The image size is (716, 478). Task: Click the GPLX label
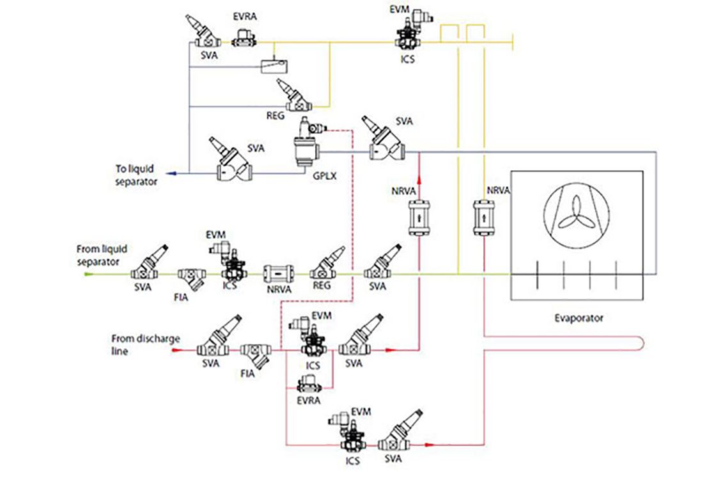(x=324, y=175)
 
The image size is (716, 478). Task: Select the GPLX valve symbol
(x=307, y=143)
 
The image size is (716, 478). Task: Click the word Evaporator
(x=579, y=318)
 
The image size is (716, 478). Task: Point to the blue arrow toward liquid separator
(x=172, y=173)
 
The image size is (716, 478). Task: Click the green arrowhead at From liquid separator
(x=88, y=274)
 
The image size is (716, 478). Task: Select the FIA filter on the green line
(x=192, y=278)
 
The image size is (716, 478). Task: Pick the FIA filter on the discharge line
(x=256, y=355)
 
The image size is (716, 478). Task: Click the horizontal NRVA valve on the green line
(x=279, y=274)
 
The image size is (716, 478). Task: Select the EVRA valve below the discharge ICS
(x=309, y=385)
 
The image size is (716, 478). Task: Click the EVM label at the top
(x=400, y=9)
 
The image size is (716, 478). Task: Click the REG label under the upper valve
(x=276, y=116)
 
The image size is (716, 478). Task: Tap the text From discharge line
(x=146, y=345)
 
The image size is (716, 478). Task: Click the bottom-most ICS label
(x=352, y=461)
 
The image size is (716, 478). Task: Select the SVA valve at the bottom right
(x=398, y=432)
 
